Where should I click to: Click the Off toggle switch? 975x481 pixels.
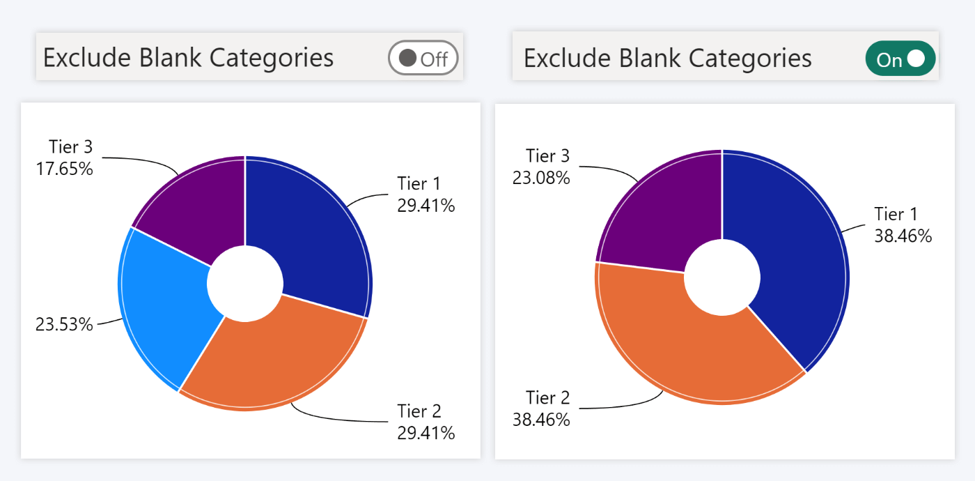[423, 58]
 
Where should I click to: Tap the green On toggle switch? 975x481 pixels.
[900, 59]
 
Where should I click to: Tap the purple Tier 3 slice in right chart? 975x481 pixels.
[662, 209]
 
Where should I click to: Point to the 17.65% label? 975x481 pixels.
[64, 169]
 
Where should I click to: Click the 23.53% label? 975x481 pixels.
[64, 324]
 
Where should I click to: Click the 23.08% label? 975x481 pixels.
[541, 178]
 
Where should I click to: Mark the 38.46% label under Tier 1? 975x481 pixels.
[903, 236]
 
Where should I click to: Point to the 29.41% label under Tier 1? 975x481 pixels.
[426, 206]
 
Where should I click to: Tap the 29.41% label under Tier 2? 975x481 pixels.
[426, 433]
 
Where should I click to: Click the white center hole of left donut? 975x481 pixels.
[245, 284]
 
